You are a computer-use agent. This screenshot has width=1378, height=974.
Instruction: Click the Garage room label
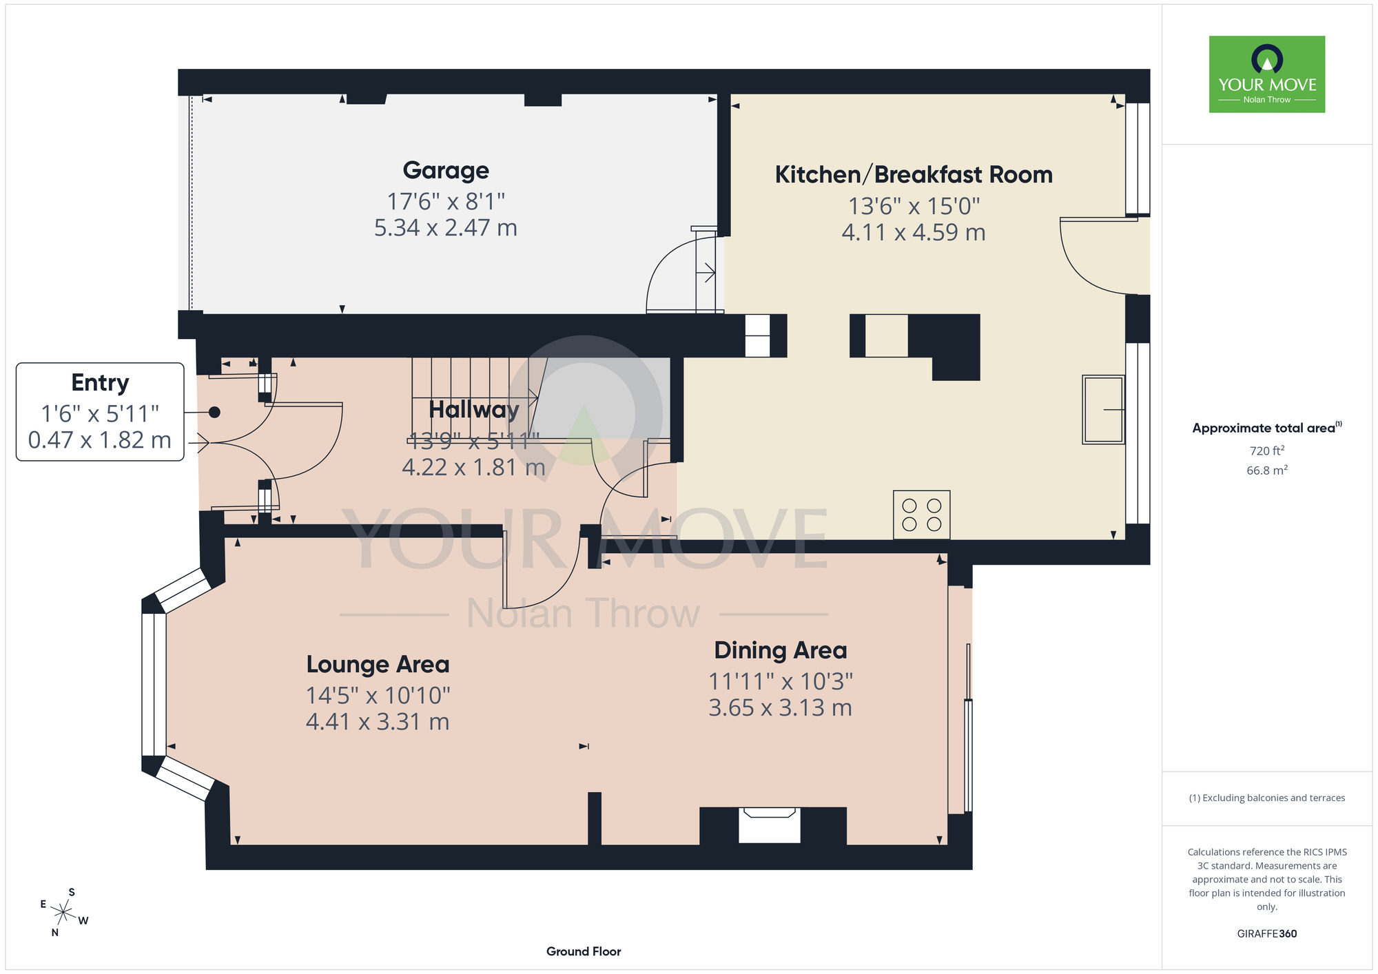point(446,170)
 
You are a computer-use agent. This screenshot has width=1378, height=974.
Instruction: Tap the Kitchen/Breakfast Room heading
point(914,175)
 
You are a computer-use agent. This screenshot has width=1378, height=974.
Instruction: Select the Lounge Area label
point(378,665)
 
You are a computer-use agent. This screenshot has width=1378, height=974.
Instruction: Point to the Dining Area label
point(781,650)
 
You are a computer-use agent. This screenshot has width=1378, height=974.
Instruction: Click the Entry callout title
point(100,383)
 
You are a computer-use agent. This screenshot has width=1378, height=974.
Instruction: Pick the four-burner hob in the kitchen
point(922,515)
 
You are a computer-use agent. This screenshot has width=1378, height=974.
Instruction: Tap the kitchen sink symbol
point(1103,409)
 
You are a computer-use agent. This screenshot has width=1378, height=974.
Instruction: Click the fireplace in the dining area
point(770,825)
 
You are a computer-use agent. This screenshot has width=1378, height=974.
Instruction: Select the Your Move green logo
point(1267,74)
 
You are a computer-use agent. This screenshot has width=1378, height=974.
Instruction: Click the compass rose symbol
point(63,913)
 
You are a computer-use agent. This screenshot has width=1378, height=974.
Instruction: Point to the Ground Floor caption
point(584,951)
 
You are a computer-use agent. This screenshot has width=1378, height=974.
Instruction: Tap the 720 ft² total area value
point(1267,451)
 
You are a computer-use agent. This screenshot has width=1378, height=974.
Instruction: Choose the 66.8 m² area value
point(1267,470)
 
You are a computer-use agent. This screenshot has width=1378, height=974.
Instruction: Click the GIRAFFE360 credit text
point(1267,934)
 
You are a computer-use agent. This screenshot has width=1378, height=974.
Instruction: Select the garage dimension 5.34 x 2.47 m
point(446,228)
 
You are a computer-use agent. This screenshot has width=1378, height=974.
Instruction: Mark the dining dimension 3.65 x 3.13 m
point(781,708)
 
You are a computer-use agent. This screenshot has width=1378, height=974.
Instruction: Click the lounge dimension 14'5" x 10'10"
point(378,696)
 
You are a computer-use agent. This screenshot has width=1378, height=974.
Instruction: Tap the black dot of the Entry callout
point(214,413)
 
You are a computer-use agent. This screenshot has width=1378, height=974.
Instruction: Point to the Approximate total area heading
point(1267,428)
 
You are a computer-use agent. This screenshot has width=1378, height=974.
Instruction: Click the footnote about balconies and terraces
point(1267,798)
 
